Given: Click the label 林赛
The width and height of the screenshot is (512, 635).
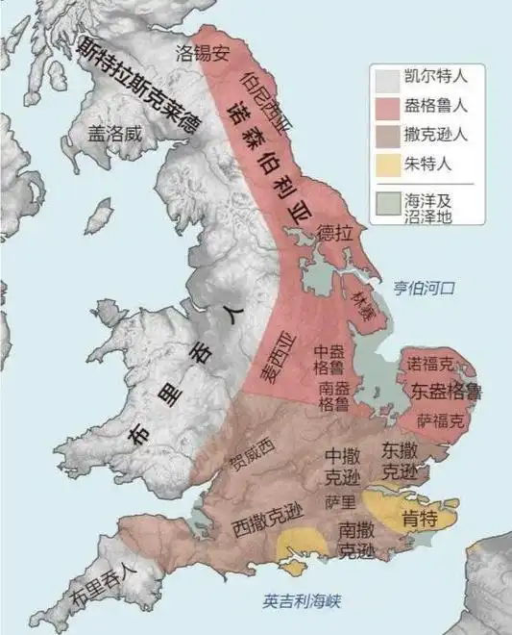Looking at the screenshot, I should click(362, 303).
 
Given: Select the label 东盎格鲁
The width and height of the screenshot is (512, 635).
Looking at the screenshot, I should click(446, 393).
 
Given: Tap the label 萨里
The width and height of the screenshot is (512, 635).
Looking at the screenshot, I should click(340, 503).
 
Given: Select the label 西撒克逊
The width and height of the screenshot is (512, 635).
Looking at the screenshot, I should click(268, 523).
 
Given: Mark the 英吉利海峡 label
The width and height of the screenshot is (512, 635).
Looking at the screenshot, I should click(303, 601).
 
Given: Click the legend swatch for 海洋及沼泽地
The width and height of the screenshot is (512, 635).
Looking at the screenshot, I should click(387, 203).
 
